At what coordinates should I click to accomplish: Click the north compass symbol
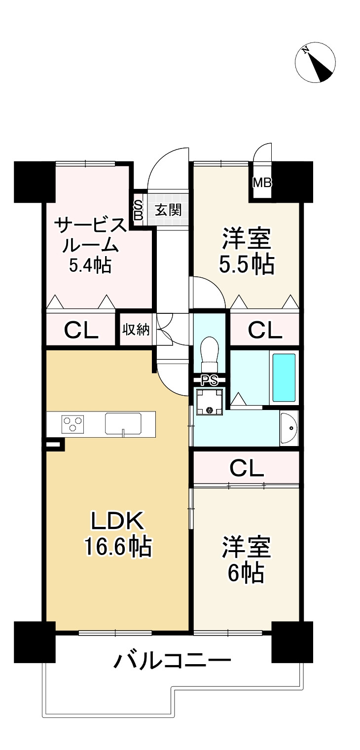(x=315, y=63)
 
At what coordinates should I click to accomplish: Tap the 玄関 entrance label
(x=168, y=210)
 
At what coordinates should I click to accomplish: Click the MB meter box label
(x=261, y=183)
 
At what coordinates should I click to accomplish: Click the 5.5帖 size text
(x=247, y=264)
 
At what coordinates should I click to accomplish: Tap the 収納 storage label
(x=136, y=330)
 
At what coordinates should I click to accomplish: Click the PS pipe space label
(x=210, y=380)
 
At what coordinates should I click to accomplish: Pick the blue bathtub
(x=284, y=377)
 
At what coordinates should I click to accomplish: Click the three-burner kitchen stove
(x=73, y=424)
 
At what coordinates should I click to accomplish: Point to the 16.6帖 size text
(x=117, y=546)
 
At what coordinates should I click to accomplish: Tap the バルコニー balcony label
(x=173, y=660)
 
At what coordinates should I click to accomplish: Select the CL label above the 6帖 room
(x=246, y=468)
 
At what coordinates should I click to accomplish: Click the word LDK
(x=117, y=520)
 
